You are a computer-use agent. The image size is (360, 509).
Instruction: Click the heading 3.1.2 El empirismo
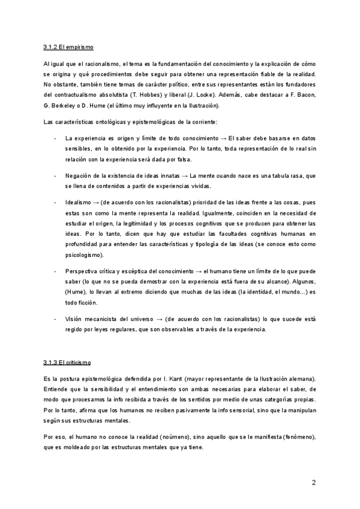pyautogui.click(x=68, y=46)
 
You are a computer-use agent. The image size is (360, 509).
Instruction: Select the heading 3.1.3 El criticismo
pyautogui.click(x=67, y=363)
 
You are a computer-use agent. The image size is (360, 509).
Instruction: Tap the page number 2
pyautogui.click(x=313, y=483)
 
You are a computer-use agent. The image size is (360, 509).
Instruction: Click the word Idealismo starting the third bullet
pyautogui.click(x=79, y=202)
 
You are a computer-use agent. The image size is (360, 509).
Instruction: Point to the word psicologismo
pyautogui.click(x=84, y=256)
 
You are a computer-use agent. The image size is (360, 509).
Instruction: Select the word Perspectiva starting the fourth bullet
pyautogui.click(x=82, y=272)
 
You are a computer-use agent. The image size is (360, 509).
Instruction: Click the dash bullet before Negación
pyautogui.click(x=55, y=175)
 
